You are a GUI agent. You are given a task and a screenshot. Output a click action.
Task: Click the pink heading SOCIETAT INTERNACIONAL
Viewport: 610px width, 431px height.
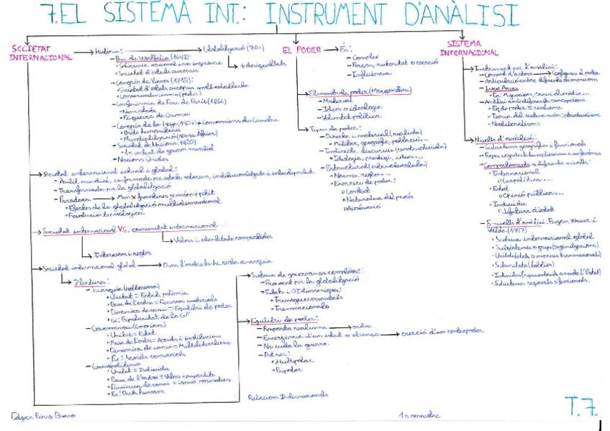[36, 53]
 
